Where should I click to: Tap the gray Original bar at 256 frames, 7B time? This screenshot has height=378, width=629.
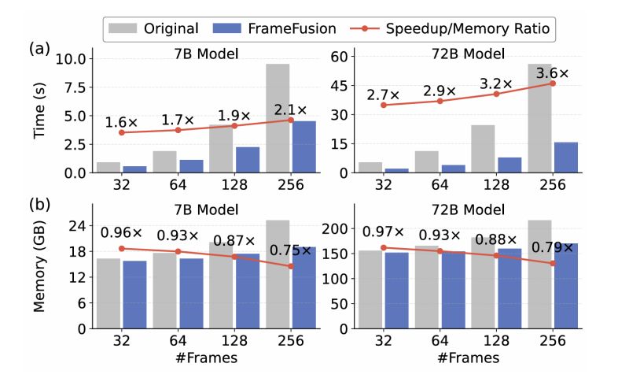pos(278,118)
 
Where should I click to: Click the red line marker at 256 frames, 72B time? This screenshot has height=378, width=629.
pos(553,83)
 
